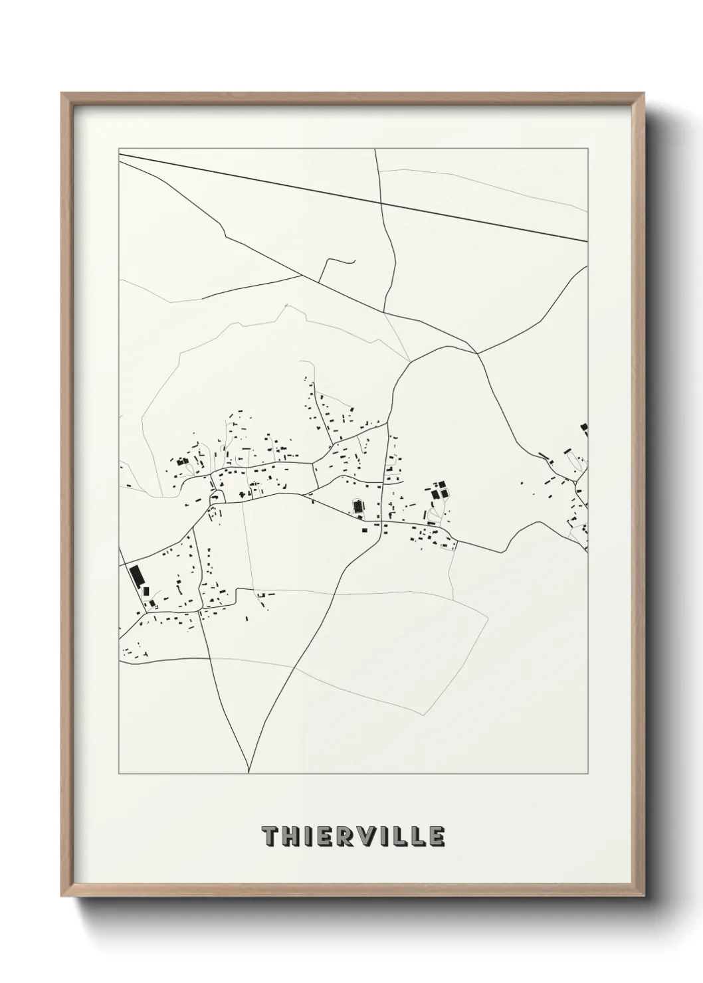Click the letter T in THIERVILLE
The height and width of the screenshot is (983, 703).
point(271,837)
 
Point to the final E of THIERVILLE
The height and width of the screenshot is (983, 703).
point(435,837)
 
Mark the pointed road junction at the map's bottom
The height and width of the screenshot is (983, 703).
point(249,772)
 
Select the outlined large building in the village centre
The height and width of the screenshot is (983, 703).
point(359,507)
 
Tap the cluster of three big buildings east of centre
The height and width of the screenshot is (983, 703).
point(439,492)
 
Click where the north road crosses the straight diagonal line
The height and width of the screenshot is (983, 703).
point(380,202)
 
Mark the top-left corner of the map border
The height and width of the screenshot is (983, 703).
point(119,149)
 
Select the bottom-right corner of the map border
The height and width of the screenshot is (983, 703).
point(588,774)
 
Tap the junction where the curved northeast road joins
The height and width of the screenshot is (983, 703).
point(477,353)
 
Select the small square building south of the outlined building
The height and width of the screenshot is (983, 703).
point(363,529)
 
